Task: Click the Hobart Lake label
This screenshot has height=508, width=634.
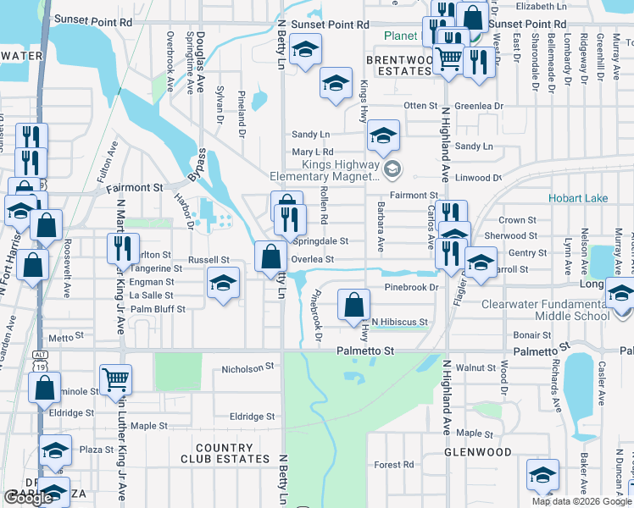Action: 579,198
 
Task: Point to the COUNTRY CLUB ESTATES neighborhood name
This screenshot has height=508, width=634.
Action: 225,453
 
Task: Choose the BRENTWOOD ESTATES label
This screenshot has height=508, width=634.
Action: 399,66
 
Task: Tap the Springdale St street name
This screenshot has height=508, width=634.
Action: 320,240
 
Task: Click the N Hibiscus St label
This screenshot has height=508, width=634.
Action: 399,323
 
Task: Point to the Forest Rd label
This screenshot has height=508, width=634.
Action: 394,465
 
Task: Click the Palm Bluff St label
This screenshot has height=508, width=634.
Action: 158,309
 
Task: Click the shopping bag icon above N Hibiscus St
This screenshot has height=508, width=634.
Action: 353,304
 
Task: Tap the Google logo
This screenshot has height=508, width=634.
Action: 28,498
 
